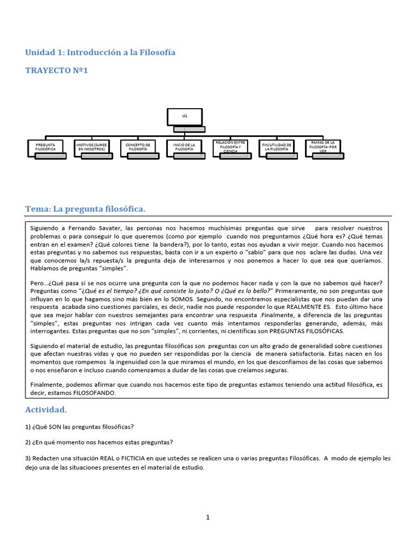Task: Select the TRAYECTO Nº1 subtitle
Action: (x=56, y=70)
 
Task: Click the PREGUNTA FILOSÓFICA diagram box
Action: (x=45, y=146)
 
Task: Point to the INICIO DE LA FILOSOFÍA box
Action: (x=185, y=146)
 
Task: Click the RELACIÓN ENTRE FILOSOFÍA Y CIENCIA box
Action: (x=231, y=146)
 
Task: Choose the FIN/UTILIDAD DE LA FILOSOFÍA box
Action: (x=277, y=146)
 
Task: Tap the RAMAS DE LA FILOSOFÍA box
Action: (x=323, y=146)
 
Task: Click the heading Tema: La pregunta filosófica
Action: (x=86, y=209)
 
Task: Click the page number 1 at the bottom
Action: (x=207, y=517)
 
